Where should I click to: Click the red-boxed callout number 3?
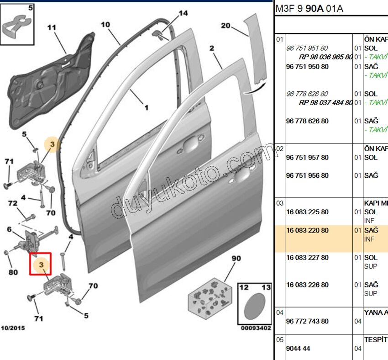[x=41, y=265]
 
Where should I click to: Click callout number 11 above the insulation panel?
[x=52, y=28]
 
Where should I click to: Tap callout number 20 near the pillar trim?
[x=225, y=26]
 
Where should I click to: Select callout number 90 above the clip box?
[x=236, y=259]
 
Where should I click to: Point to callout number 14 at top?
[x=183, y=13]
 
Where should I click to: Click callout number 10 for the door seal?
[x=105, y=24]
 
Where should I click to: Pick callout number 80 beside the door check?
[x=13, y=273]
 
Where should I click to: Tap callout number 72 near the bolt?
[x=13, y=202]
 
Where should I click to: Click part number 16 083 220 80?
[x=307, y=230]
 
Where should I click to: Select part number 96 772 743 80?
[x=307, y=321]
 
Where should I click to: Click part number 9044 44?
[x=298, y=348]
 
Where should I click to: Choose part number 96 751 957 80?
[x=307, y=157]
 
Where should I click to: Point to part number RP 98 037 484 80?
[x=325, y=102]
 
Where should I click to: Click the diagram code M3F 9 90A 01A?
[x=309, y=8]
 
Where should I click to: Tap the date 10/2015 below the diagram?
[x=13, y=328]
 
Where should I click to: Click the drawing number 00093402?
[x=256, y=328]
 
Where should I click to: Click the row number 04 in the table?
[x=279, y=312]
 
